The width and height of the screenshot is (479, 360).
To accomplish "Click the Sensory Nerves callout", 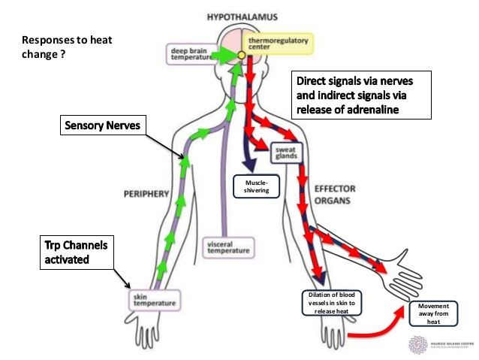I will (103, 126).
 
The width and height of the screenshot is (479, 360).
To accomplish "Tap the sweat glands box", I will (285, 153).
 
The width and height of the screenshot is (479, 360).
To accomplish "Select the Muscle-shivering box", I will (257, 186).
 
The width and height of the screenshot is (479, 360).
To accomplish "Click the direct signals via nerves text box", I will (361, 95).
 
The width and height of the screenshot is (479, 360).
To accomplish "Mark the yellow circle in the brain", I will (242, 55).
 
